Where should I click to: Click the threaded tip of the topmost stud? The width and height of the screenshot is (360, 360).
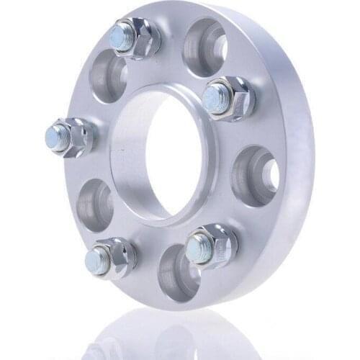pyautogui.click(x=122, y=36)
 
